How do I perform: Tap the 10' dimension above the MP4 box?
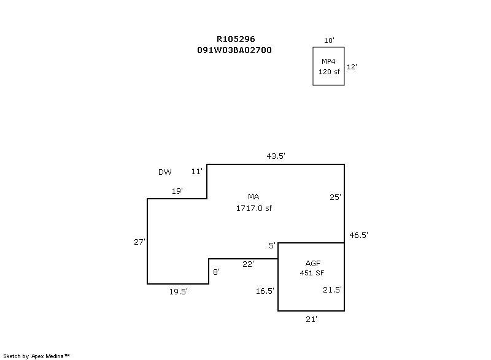coord(329,40)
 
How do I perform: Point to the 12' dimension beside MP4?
coord(352,67)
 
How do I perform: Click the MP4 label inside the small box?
coord(328,61)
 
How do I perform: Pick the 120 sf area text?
coord(328,72)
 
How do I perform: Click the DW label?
coord(164,172)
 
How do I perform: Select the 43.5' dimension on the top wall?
coord(276,156)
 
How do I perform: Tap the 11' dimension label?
coord(196,172)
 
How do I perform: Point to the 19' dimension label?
coord(177,191)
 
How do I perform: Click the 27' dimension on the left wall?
coord(139,242)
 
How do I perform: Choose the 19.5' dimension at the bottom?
coord(179,292)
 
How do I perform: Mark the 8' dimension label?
coord(216,271)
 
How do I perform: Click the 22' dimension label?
coord(248,264)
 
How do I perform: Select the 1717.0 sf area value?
coord(253,209)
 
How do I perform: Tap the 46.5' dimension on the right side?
coord(358,235)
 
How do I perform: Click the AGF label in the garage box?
coord(312,262)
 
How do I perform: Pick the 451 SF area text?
coord(312,273)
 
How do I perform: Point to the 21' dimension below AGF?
coord(312,319)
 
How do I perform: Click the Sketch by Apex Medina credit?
coord(36,355)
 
